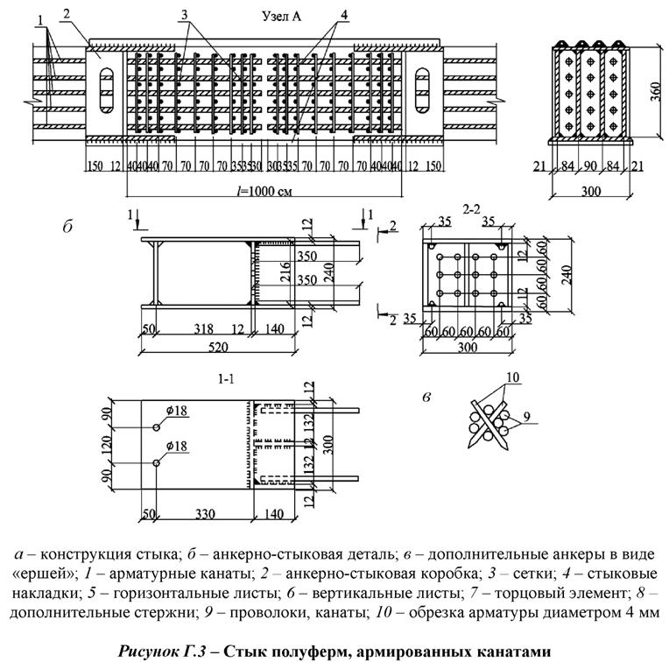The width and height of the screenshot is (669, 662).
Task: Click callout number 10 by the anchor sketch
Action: (514, 378)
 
